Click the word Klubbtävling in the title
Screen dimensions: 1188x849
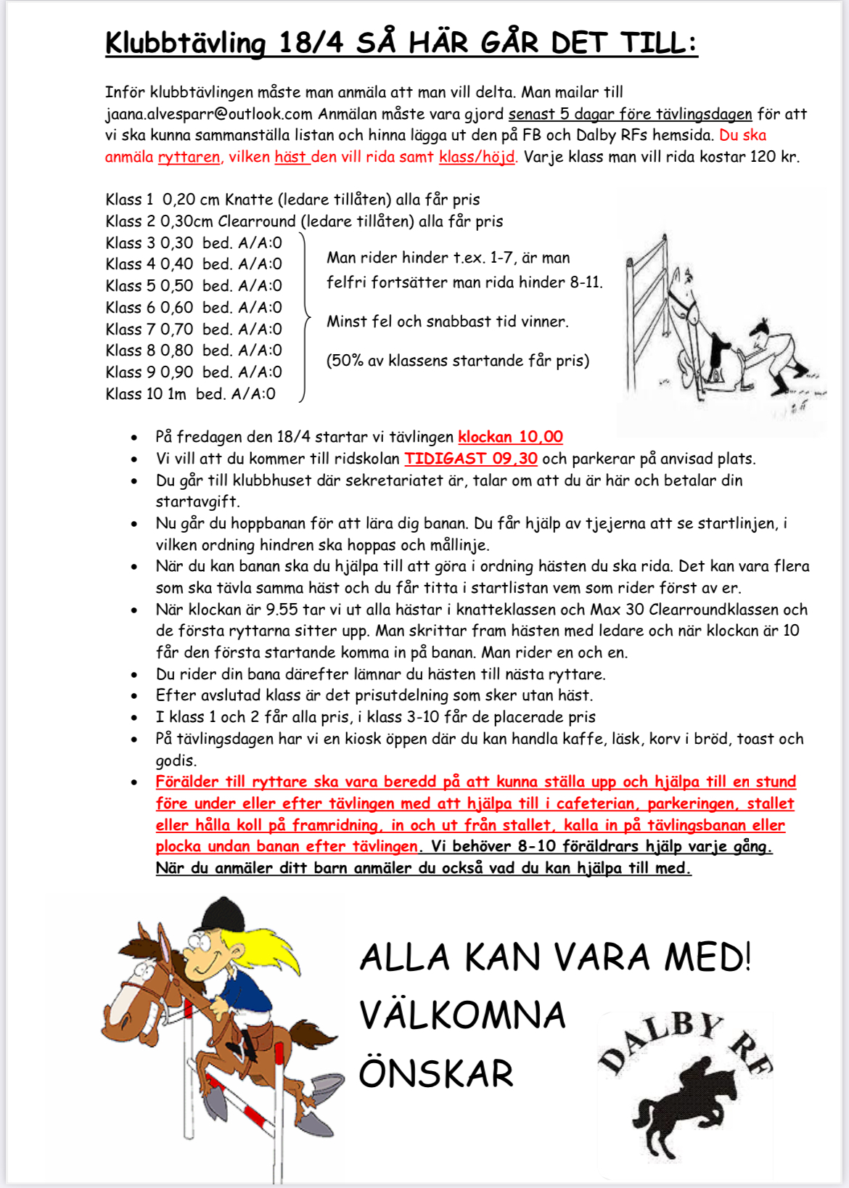coord(186,43)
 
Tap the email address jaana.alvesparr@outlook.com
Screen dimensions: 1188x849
coord(208,114)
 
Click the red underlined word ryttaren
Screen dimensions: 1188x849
coord(189,157)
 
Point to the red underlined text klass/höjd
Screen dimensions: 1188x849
coord(477,157)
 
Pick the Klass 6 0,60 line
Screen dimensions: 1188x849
coord(193,308)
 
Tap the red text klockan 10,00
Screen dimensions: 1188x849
coord(510,437)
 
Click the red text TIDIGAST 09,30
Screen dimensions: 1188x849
coord(470,459)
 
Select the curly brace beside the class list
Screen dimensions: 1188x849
coord(305,318)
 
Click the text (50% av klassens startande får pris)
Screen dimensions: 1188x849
coord(457,361)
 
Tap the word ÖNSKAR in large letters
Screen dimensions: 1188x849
coord(436,1073)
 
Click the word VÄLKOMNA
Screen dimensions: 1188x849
coord(462,1015)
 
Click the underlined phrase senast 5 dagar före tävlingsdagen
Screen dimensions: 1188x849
coord(630,114)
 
